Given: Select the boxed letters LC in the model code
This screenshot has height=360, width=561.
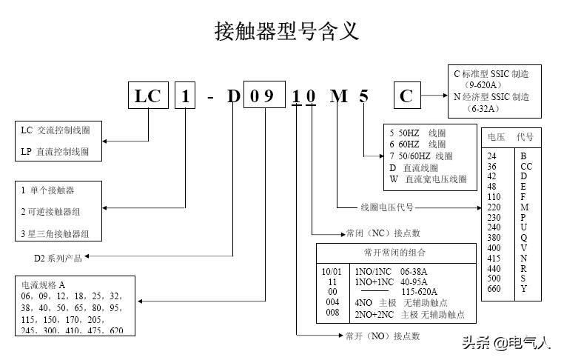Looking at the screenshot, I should [x=148, y=96].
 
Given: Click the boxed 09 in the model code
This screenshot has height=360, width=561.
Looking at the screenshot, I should [x=263, y=96].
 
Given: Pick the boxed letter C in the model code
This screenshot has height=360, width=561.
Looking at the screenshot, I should [x=406, y=96].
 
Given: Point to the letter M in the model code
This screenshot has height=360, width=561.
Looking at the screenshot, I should [x=338, y=96].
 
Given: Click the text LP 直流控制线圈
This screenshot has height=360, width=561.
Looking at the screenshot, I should [x=55, y=152].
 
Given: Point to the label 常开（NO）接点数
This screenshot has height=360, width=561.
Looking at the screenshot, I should [x=382, y=336].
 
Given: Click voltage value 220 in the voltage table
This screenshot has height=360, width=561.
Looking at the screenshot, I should [x=493, y=208].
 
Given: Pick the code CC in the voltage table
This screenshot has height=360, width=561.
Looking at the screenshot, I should [x=525, y=167].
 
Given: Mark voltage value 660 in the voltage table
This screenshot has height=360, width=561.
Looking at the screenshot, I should [x=493, y=289].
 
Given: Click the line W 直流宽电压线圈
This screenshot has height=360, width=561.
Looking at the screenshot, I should [x=429, y=179].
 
